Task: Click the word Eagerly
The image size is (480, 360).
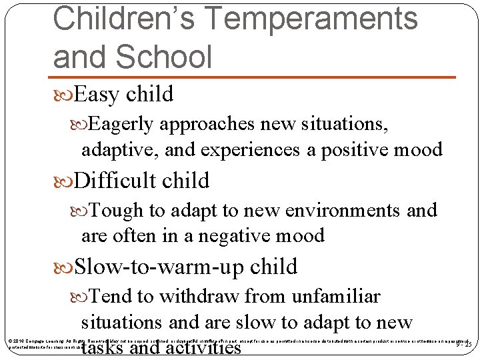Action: [x=123, y=124]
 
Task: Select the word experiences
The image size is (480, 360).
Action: [x=255, y=149]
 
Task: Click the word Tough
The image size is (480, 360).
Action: [x=116, y=211]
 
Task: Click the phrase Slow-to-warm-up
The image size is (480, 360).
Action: [x=159, y=267]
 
